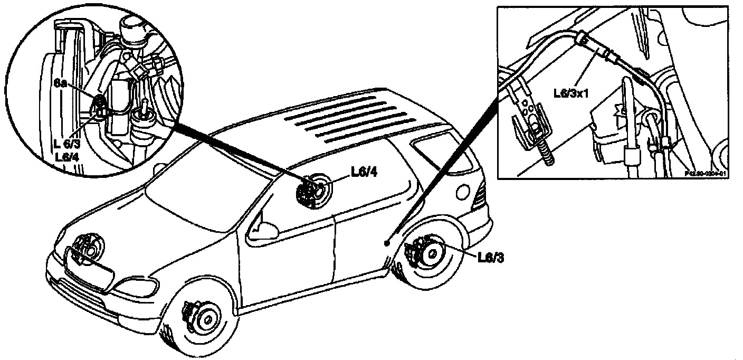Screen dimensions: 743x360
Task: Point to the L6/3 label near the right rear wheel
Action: [x=490, y=258]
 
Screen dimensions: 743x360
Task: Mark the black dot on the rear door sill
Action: [x=387, y=243]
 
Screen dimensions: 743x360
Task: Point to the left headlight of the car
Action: [x=139, y=287]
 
